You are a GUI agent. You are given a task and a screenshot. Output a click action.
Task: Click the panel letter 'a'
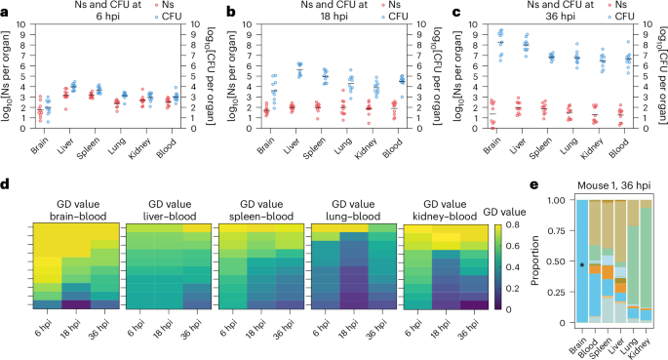[7, 11]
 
